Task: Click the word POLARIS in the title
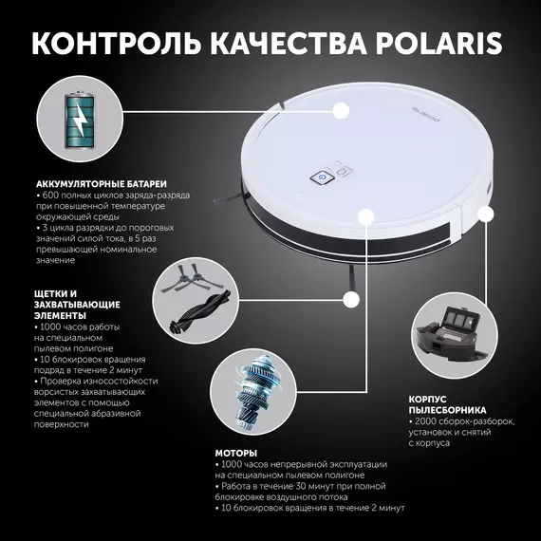(438, 44)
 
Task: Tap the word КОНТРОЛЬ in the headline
(116, 44)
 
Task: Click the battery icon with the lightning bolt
(80, 120)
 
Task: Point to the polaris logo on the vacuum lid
(426, 114)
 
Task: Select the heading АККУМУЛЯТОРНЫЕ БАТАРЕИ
(102, 184)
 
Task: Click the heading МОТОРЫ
(236, 453)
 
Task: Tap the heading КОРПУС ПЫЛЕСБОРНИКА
(447, 404)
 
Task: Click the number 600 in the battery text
(50, 196)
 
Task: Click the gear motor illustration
(253, 391)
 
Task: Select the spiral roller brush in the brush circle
(199, 312)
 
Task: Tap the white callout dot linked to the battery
(341, 111)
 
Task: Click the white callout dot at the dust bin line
(486, 214)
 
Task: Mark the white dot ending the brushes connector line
(351, 300)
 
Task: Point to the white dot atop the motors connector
(366, 217)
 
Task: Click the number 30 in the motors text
(302, 486)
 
